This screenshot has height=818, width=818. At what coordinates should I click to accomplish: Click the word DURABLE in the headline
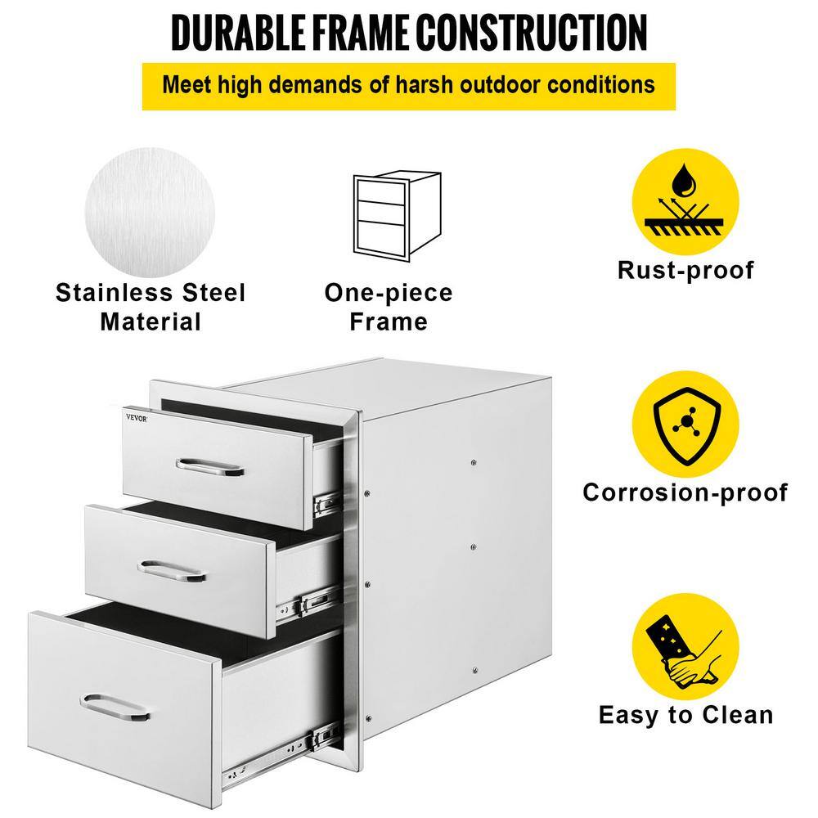[x=238, y=33]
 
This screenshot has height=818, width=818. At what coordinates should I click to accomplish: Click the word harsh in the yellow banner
[x=424, y=85]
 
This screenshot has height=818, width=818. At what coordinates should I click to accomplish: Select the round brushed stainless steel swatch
[x=151, y=213]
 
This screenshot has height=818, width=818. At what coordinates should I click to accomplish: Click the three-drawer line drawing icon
[x=398, y=216]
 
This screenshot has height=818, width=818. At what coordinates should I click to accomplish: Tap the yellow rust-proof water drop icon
[x=685, y=202]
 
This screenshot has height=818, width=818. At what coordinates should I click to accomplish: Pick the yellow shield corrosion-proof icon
[x=685, y=424]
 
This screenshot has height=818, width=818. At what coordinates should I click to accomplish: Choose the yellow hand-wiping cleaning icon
[x=685, y=646]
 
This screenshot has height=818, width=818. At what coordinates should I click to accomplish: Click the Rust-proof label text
[x=685, y=270]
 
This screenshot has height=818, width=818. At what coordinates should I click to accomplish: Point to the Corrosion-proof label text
[x=685, y=492]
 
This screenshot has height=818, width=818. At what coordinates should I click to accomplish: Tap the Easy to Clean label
[x=685, y=715]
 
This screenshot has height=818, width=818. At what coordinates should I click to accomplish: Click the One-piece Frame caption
[x=389, y=308]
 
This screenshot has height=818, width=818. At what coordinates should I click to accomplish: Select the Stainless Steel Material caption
[x=151, y=308]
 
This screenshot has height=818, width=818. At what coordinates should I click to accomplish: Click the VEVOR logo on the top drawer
[x=137, y=418]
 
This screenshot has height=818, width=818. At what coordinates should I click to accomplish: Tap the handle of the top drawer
[x=209, y=467]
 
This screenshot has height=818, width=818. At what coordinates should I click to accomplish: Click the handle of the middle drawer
[x=172, y=570]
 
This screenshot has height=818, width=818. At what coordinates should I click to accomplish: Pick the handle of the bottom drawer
[x=115, y=708]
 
